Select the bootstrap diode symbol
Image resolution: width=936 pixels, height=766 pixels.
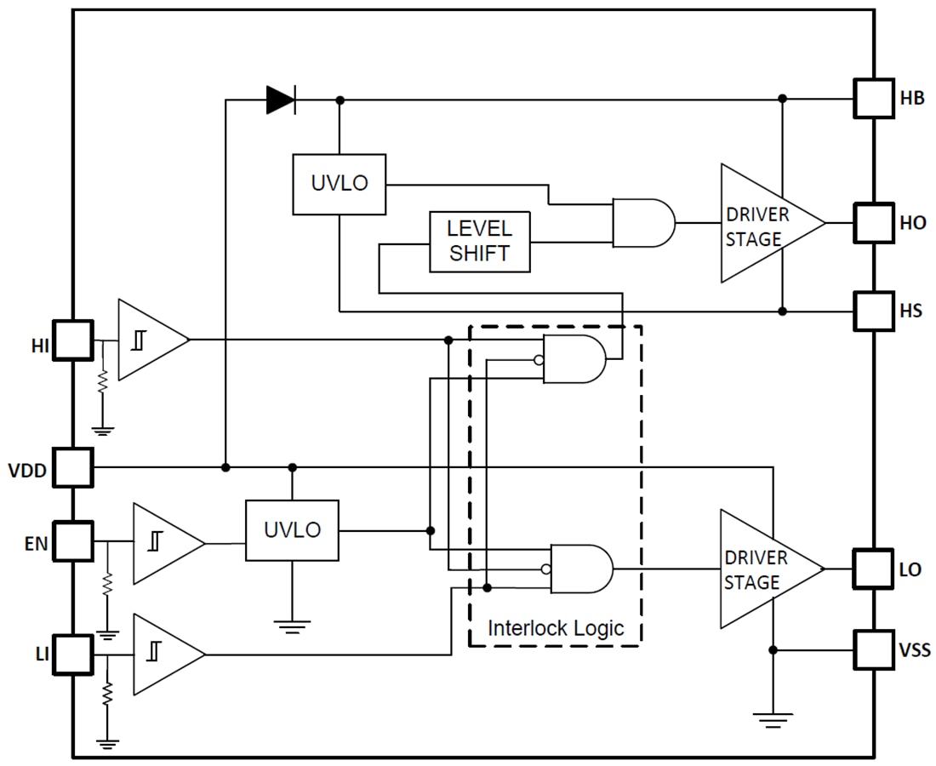pyautogui.click(x=280, y=100)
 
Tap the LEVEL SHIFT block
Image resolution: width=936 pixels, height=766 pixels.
pyautogui.click(x=480, y=242)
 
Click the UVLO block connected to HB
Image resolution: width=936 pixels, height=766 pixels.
pyautogui.click(x=339, y=184)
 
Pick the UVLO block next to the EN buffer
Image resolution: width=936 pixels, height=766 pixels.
pyautogui.click(x=292, y=530)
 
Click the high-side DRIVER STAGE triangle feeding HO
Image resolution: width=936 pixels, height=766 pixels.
pyautogui.click(x=766, y=223)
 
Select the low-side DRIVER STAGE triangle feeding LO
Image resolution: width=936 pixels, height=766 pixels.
pyautogui.click(x=765, y=569)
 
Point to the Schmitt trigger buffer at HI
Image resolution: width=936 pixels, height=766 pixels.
pyautogui.click(x=149, y=340)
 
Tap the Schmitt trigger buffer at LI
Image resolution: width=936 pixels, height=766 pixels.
pyautogui.click(x=164, y=655)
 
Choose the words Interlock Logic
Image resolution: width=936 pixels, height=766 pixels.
pyautogui.click(x=555, y=629)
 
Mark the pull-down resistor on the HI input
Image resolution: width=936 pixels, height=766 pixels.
pyautogui.click(x=103, y=382)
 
